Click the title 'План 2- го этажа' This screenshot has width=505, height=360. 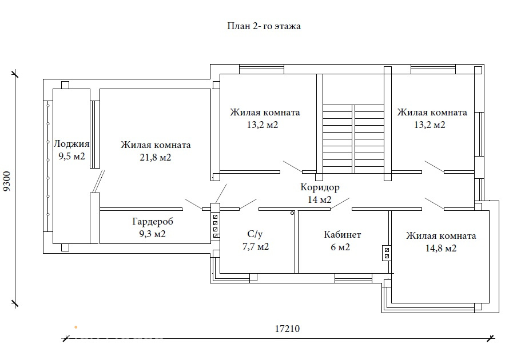tap(264, 26)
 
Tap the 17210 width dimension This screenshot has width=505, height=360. tap(287, 329)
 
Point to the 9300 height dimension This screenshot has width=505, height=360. tap(7, 181)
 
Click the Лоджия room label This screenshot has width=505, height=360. tap(71, 144)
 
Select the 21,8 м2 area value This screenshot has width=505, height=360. tap(156, 157)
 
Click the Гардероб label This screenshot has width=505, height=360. tap(153, 221)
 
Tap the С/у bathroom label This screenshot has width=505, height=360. tap(255, 234)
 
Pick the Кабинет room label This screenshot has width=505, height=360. tap(343, 234)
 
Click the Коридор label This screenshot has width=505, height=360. tap(320, 187)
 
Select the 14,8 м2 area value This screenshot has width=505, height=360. tap(441, 248)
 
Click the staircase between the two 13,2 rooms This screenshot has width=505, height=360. tap(353, 139)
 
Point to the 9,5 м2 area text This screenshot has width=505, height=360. tap(71, 157)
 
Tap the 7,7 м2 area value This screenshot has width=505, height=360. tap(256, 246)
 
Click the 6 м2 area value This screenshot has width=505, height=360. tap(340, 247)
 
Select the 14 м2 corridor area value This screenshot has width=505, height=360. tap(320, 199)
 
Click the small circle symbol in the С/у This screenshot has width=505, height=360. tap(292, 213)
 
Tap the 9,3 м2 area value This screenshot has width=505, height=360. tap(152, 234)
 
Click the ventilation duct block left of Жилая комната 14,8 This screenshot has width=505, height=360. tap(387, 253)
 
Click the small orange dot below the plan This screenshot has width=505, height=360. tap(76, 327)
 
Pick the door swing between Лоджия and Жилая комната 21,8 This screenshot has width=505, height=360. tap(98, 182)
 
